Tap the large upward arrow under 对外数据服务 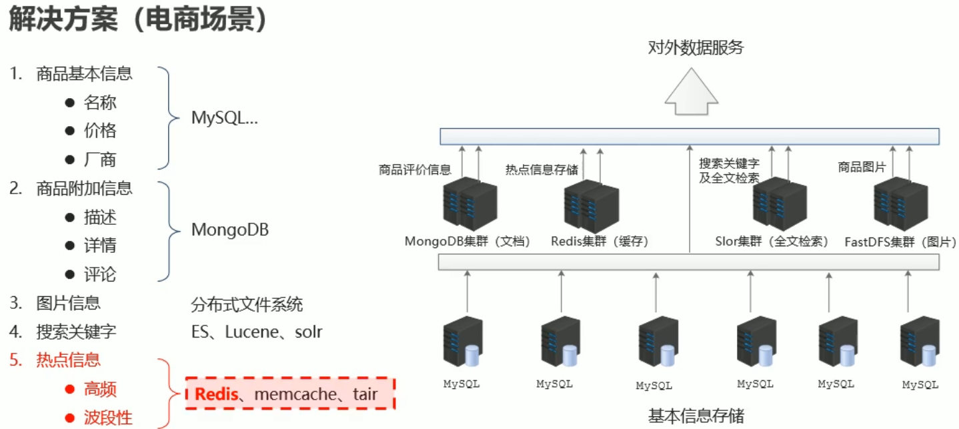coord(691,93)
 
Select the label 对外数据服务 coord(696,48)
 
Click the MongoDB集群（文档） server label coord(467,242)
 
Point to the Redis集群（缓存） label coord(600,242)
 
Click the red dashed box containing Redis coord(290,394)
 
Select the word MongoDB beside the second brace coord(230,230)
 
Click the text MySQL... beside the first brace coord(224,118)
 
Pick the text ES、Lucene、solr coord(257,332)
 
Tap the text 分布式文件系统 coord(247,305)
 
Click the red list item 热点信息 coord(68,360)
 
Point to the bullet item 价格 coord(100,131)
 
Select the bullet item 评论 coord(100,274)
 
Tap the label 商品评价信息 coord(415,170)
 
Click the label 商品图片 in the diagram coord(862,167)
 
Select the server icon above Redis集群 coord(591,205)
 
